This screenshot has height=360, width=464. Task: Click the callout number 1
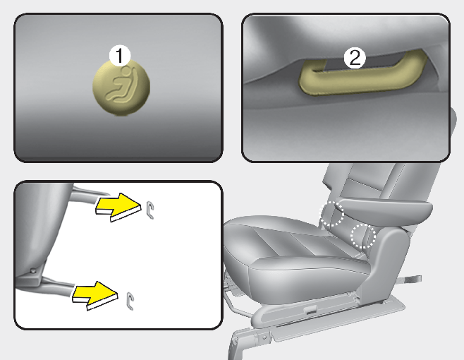point(120,55)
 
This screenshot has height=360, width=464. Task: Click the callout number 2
point(355,57)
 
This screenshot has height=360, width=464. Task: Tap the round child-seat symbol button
point(121,88)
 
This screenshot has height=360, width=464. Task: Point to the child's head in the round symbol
point(126,71)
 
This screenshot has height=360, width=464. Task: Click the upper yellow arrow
point(118,207)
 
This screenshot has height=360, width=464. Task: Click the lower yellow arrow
point(94,296)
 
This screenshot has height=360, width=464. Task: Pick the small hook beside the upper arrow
point(150,210)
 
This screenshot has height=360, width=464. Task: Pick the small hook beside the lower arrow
point(130,301)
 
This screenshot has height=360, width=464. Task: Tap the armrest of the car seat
point(385,208)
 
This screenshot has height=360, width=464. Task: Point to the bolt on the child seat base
point(33,270)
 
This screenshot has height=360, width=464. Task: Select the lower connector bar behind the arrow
point(57,284)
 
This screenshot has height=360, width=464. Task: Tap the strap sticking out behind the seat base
point(412,279)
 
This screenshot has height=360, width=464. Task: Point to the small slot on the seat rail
point(310,311)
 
